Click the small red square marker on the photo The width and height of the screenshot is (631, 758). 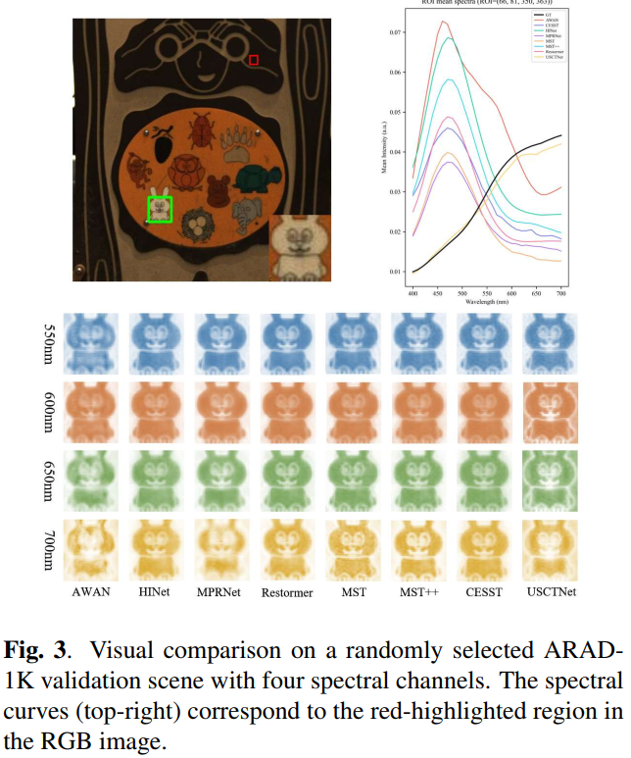253,60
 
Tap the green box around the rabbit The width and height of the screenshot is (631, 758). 160,209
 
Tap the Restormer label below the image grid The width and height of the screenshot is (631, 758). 288,593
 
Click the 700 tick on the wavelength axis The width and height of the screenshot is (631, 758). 561,293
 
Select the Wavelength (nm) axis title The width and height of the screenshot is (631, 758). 487,303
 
